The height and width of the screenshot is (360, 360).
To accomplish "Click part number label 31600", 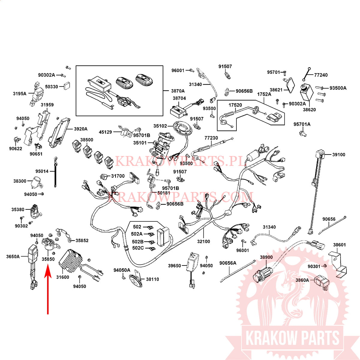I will point(63,277).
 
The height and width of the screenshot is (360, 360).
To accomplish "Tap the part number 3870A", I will point(178,91).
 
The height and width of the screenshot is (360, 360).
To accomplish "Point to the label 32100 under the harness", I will point(203,241).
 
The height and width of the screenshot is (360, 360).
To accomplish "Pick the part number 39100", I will point(339,155).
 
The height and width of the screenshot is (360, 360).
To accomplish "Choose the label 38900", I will point(266,257).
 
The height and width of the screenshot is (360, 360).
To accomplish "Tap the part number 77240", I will point(321,75).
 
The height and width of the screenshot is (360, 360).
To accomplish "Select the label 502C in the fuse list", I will point(138,248).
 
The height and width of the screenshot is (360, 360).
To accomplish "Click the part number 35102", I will point(160,126).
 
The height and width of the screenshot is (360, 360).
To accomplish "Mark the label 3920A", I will point(81,129).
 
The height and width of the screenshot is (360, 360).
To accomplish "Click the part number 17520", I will point(235,105).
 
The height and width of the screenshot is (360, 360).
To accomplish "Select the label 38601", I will point(339,245).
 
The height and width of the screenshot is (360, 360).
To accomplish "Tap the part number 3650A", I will point(13,256).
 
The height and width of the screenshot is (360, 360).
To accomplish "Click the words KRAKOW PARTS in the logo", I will point(292,338).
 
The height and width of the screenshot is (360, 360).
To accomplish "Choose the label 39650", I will point(174,265).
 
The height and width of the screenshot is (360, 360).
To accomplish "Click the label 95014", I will point(42,171).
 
